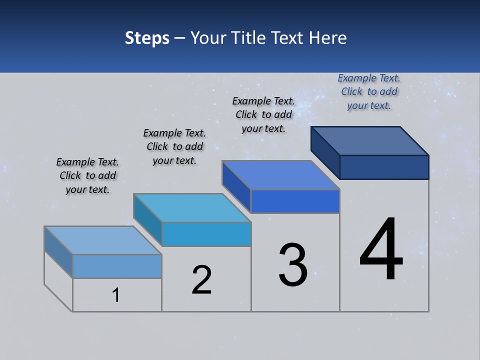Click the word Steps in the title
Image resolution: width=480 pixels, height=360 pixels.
[147, 38]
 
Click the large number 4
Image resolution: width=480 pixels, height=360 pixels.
[381, 249]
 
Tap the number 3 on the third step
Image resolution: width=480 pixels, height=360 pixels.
[293, 265]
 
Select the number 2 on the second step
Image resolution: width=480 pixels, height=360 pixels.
[201, 280]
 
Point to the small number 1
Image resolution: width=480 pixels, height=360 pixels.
[116, 295]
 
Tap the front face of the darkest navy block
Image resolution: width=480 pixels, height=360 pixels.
[384, 167]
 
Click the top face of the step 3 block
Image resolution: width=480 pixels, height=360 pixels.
[281, 175]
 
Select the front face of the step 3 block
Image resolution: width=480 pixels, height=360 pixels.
[295, 201]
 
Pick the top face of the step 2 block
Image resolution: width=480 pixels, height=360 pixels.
[192, 208]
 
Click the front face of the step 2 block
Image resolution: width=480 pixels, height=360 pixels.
[206, 234]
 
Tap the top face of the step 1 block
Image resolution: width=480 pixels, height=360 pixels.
[103, 240]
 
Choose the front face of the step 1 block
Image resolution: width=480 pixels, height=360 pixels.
[117, 266]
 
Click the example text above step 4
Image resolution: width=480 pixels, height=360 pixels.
[369, 92]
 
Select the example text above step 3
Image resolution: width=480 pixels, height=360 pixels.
[263, 114]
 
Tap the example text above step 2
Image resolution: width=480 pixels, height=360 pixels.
[174, 146]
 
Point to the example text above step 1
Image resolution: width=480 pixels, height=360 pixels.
[87, 175]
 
